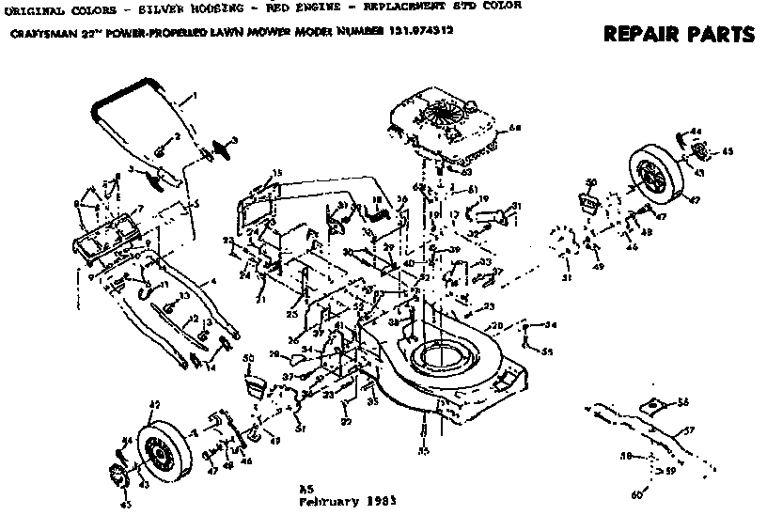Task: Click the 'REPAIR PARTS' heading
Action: click(678, 35)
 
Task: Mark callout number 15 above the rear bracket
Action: click(277, 172)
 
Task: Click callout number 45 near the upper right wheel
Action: click(727, 151)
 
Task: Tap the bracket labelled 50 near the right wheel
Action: click(590, 200)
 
